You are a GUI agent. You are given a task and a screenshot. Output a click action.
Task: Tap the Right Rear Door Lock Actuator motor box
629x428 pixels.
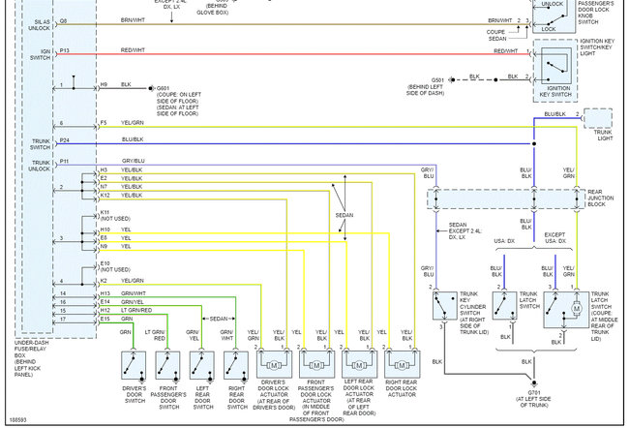point(401,364)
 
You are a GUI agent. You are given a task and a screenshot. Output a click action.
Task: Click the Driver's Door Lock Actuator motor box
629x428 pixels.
point(274,364)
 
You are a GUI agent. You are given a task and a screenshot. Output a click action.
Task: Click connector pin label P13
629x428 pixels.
point(65,49)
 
